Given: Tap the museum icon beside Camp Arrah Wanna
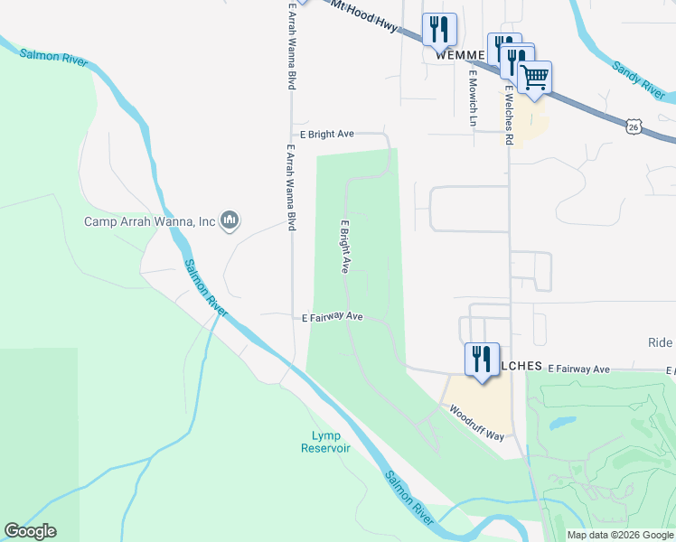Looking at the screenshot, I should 230,220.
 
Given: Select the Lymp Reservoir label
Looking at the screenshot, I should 325,442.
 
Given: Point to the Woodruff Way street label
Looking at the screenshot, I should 476,421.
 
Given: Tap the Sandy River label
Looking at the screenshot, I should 638,80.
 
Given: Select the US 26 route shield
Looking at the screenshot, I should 635,126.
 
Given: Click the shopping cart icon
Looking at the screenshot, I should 535,79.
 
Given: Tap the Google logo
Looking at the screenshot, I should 30,531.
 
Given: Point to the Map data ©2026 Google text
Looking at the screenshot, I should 619,535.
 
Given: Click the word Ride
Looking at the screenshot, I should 660,342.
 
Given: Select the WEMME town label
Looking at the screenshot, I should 461,54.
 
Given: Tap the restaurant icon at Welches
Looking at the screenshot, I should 482,359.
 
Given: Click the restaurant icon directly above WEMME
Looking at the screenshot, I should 439,29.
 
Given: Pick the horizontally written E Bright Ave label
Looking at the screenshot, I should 326,134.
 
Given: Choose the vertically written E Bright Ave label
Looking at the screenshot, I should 344,246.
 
